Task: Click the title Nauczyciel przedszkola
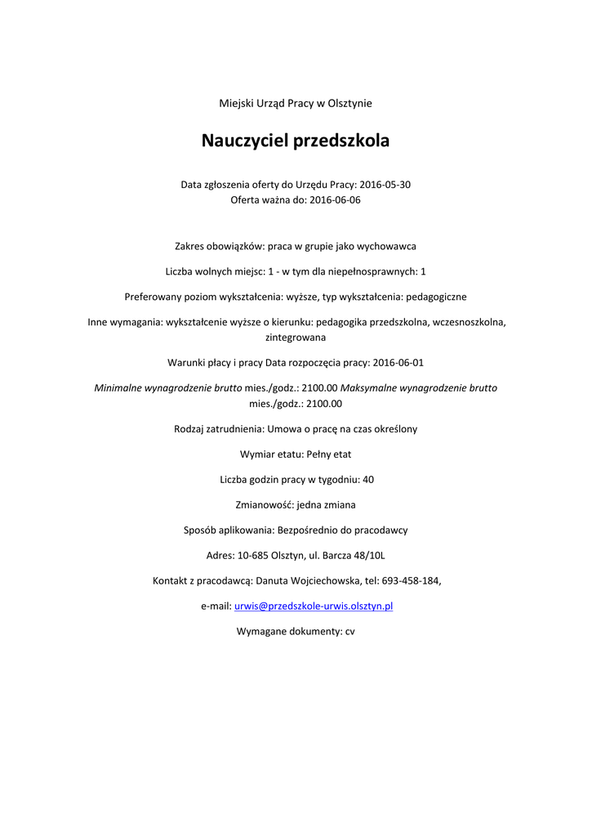point(296,141)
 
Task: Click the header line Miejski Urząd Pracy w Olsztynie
point(296,103)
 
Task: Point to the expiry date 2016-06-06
point(335,200)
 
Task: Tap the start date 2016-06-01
point(398,362)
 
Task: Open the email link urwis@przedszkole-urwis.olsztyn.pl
point(314,606)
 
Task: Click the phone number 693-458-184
point(411,580)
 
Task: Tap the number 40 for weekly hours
point(368,479)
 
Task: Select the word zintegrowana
point(296,337)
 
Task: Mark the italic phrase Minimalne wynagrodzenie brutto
point(168,387)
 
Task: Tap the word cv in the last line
point(349,631)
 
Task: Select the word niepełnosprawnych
point(372,271)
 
